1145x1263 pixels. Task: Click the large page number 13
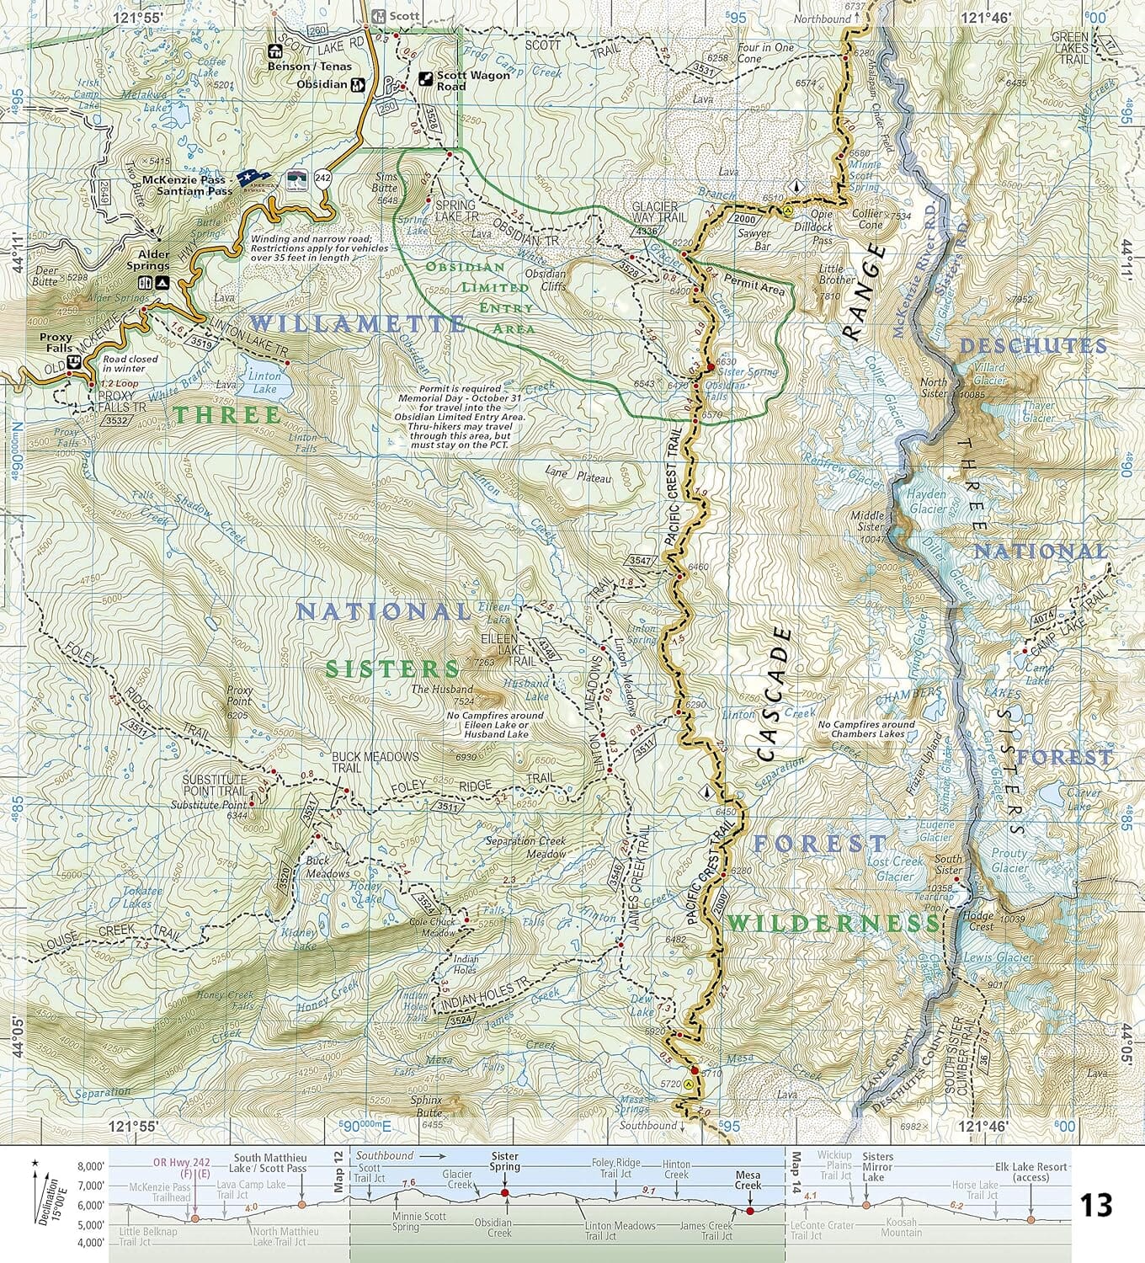coord(1096,1205)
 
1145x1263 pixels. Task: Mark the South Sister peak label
coord(949,865)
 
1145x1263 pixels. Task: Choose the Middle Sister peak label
coord(867,521)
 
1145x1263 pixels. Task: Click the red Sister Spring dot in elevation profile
coord(504,1192)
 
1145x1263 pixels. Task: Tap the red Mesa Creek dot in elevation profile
coord(749,1211)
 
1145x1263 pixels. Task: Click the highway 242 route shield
coord(323,178)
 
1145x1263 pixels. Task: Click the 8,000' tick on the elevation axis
coord(90,1167)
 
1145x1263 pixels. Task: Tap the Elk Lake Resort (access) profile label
coord(1031,1172)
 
